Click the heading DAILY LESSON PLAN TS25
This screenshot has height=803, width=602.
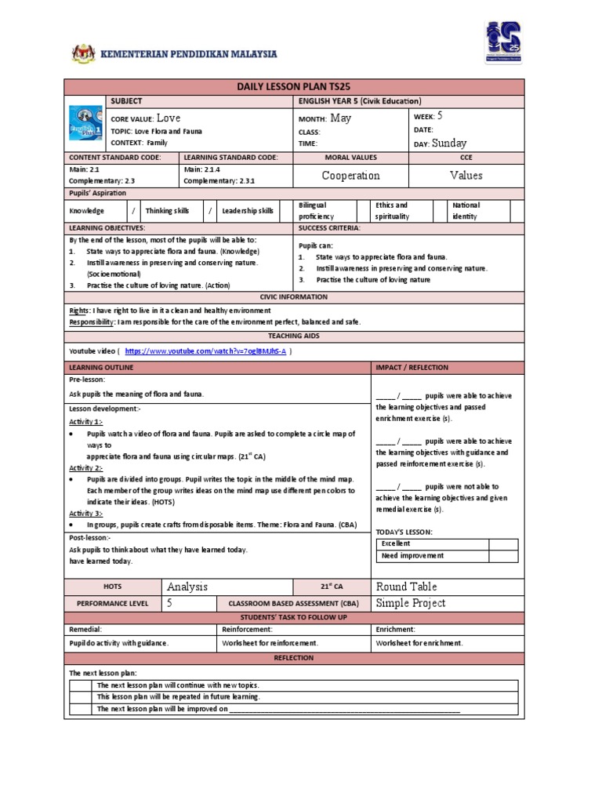[295, 88]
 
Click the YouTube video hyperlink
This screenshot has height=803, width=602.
[205, 352]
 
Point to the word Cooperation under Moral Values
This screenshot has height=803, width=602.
[351, 176]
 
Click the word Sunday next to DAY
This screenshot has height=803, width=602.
[449, 143]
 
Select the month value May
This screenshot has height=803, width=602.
[341, 118]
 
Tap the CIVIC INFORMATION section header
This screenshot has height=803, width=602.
[295, 299]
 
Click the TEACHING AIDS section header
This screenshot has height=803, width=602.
[295, 336]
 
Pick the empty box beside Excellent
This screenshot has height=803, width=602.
[503, 543]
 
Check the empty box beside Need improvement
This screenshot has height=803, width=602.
[503, 555]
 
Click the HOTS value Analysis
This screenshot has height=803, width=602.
[188, 587]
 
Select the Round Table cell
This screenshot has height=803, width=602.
[407, 587]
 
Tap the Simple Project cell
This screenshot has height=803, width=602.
[411, 602]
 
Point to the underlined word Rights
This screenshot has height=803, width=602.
[79, 311]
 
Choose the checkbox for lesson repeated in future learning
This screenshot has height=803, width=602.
[81, 696]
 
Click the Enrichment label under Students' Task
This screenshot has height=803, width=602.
[396, 630]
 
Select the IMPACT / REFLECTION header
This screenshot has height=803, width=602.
[412, 367]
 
